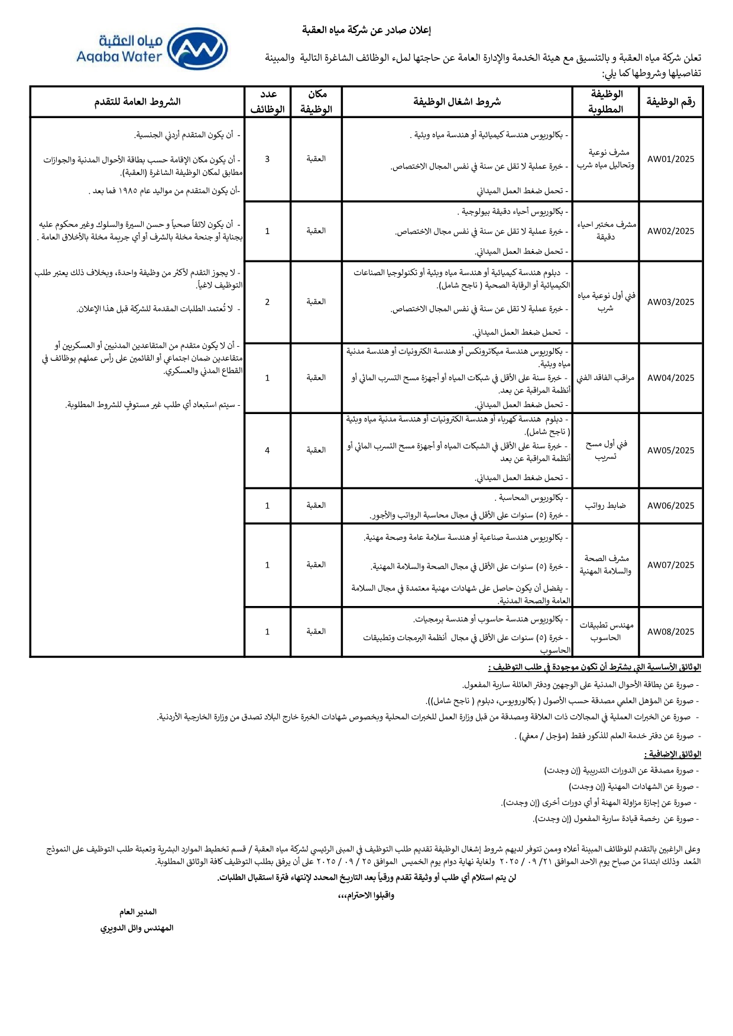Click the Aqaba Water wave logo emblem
coord(197,48)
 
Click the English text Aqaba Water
coord(119,57)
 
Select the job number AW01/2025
coord(670,159)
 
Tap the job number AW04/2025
coord(670,378)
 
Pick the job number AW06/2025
coord(670,506)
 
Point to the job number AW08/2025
coord(670,631)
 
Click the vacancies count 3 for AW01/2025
coord(267,159)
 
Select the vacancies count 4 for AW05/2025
coord(267,450)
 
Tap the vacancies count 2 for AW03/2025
coord(267,302)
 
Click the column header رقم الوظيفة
coord(670,102)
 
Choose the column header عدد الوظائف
coord(268,102)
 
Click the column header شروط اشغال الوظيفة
coord(457,102)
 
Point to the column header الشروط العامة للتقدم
coord(137,102)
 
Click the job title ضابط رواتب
coord(605,506)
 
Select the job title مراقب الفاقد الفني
coord(605,378)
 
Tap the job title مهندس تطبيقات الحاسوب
coord(605,631)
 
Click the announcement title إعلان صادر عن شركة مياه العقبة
coord(367,30)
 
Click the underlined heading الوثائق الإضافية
coord(672,754)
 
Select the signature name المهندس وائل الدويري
coord(137,928)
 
